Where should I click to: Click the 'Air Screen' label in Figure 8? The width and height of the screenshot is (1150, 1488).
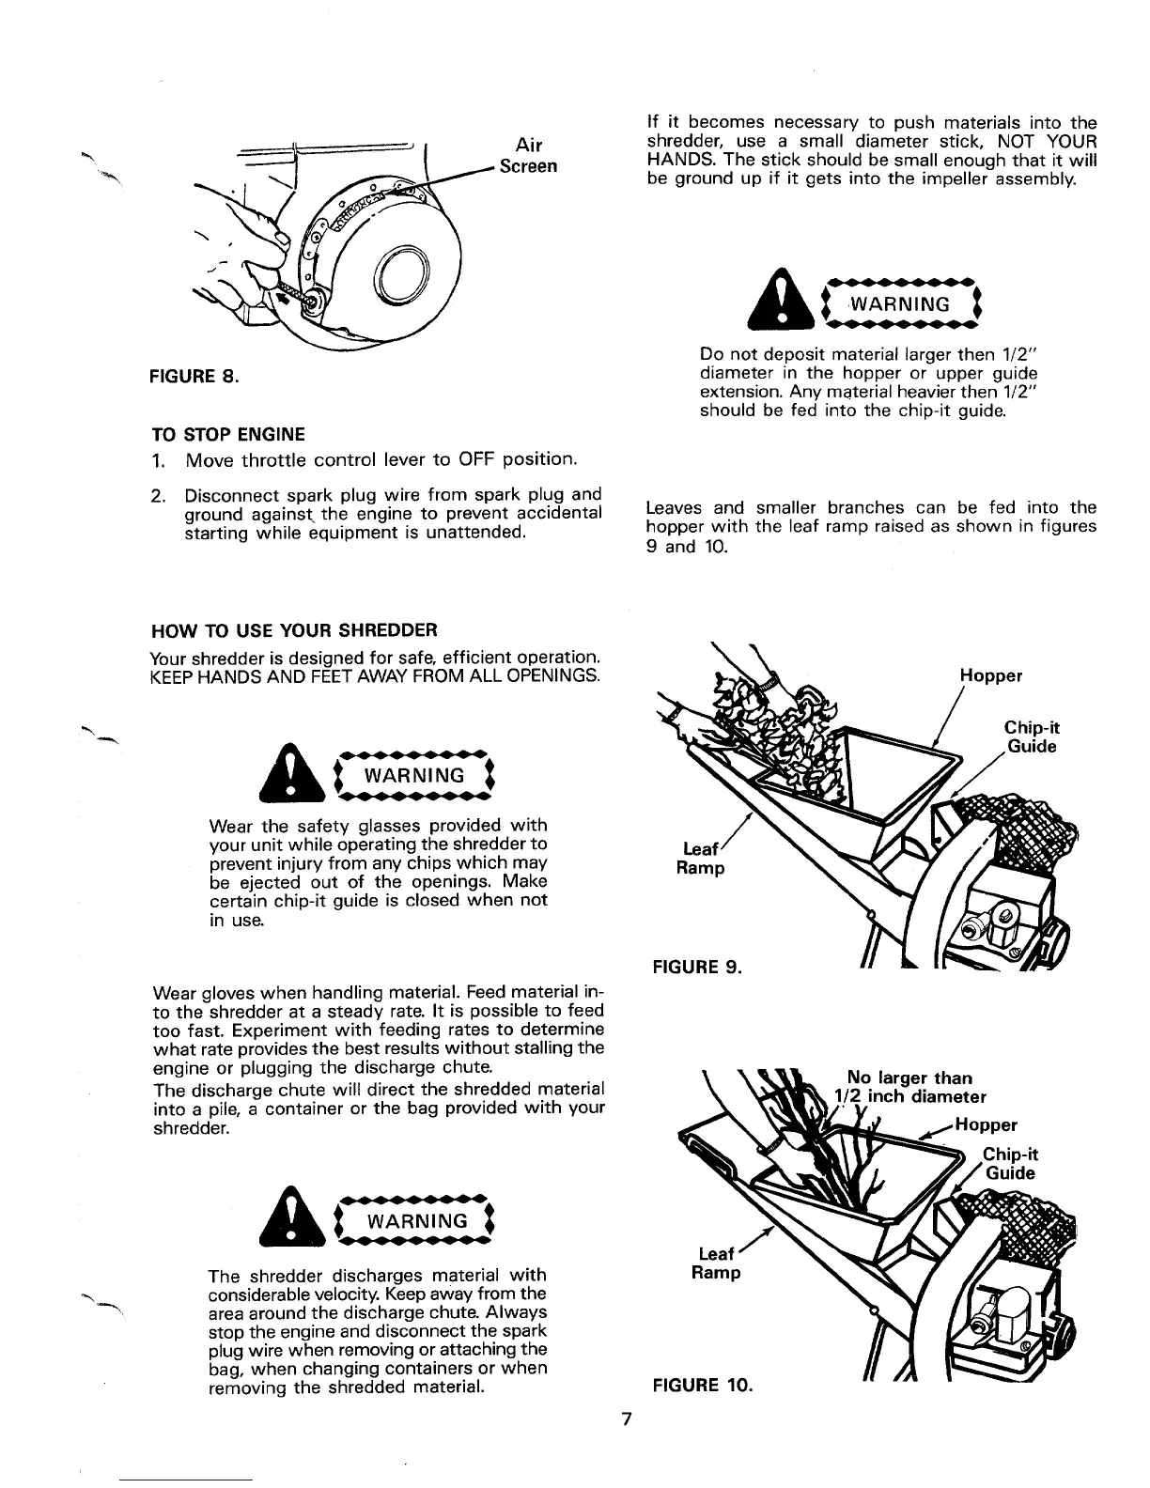point(529,155)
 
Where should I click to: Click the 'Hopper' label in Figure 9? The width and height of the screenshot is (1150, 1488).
point(991,675)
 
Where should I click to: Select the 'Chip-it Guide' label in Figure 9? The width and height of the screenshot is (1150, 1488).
point(1032,737)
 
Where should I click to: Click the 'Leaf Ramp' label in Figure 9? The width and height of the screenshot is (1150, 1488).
point(701,859)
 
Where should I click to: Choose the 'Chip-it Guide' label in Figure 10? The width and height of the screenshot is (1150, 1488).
point(1009,1164)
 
